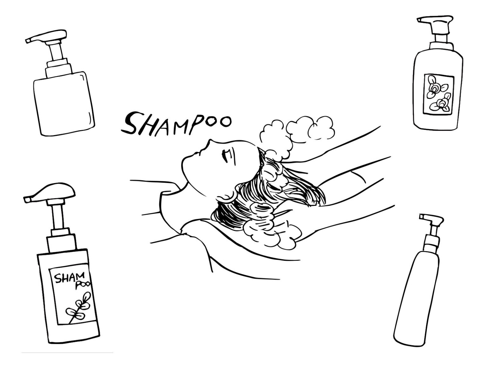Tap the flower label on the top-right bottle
tap(438, 94)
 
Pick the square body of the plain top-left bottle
tap(64, 103)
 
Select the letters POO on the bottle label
tap(83, 285)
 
